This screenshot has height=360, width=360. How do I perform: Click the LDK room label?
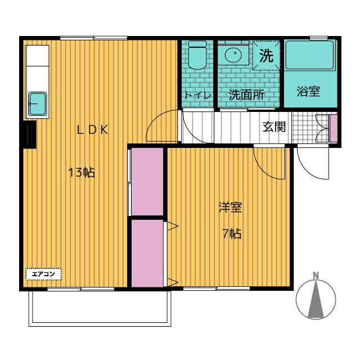[92, 130]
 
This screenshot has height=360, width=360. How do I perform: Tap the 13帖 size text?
[82, 172]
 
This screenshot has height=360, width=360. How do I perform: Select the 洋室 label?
[230, 207]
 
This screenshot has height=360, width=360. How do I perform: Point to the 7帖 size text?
[232, 234]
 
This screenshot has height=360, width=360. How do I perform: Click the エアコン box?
[43, 274]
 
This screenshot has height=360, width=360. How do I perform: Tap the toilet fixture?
[197, 55]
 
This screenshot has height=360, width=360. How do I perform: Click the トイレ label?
[197, 95]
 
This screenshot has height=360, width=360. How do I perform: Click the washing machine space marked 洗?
[266, 55]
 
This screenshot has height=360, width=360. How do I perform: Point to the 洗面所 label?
[246, 94]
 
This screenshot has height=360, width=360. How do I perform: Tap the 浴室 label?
[308, 91]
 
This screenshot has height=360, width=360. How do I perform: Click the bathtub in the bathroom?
[310, 55]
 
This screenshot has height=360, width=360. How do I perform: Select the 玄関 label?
[274, 127]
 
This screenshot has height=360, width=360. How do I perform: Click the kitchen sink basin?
[38, 103]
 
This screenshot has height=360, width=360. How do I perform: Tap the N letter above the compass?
[316, 275]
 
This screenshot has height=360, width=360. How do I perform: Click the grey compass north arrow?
[316, 299]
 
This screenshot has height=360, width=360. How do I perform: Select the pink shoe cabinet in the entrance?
[334, 128]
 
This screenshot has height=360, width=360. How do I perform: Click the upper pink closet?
[147, 182]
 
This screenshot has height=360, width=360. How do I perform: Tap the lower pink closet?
[147, 253]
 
